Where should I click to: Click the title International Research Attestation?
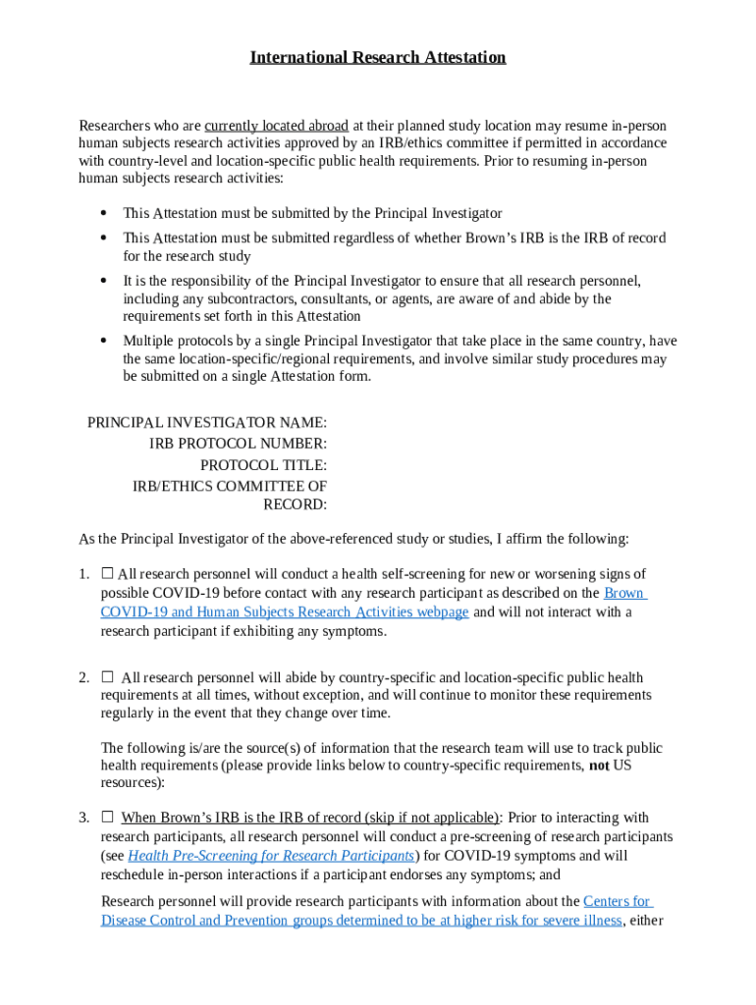(377, 57)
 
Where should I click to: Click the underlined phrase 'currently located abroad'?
(276, 126)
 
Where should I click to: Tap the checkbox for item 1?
(107, 573)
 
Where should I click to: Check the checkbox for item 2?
(107, 677)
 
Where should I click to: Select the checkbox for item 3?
(107, 817)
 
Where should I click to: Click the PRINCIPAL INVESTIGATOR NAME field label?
(207, 422)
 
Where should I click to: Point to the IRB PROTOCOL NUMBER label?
(238, 444)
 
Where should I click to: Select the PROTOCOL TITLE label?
(263, 465)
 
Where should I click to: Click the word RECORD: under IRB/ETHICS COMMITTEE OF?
(295, 505)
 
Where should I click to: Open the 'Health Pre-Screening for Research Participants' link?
(271, 855)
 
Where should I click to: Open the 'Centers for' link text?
(618, 901)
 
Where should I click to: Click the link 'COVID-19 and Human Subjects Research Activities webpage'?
(284, 612)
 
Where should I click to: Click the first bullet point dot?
(103, 213)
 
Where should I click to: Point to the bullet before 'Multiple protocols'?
(103, 341)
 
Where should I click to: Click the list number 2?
(83, 677)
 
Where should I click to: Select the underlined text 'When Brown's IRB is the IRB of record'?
(309, 818)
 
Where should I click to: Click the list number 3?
(83, 818)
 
